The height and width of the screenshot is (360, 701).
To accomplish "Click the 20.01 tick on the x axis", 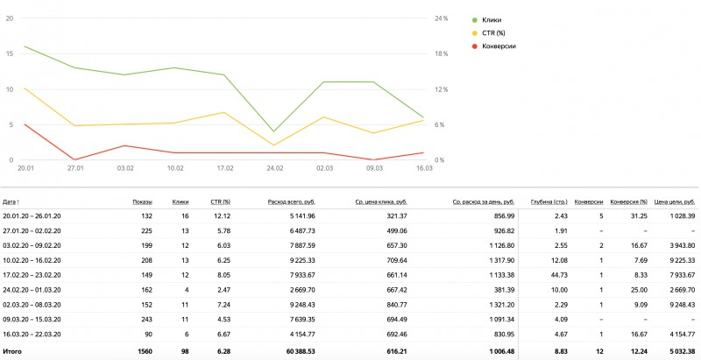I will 25,166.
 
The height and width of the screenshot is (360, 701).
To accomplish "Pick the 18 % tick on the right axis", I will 441,53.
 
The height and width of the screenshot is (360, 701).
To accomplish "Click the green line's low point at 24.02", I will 274,131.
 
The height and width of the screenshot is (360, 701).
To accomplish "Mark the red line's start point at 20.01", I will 25,124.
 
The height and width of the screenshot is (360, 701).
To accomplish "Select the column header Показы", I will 142,201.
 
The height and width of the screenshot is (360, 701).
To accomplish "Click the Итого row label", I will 13,350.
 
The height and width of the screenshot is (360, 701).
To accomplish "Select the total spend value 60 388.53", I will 295,350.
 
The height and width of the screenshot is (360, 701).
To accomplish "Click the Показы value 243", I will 145,319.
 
